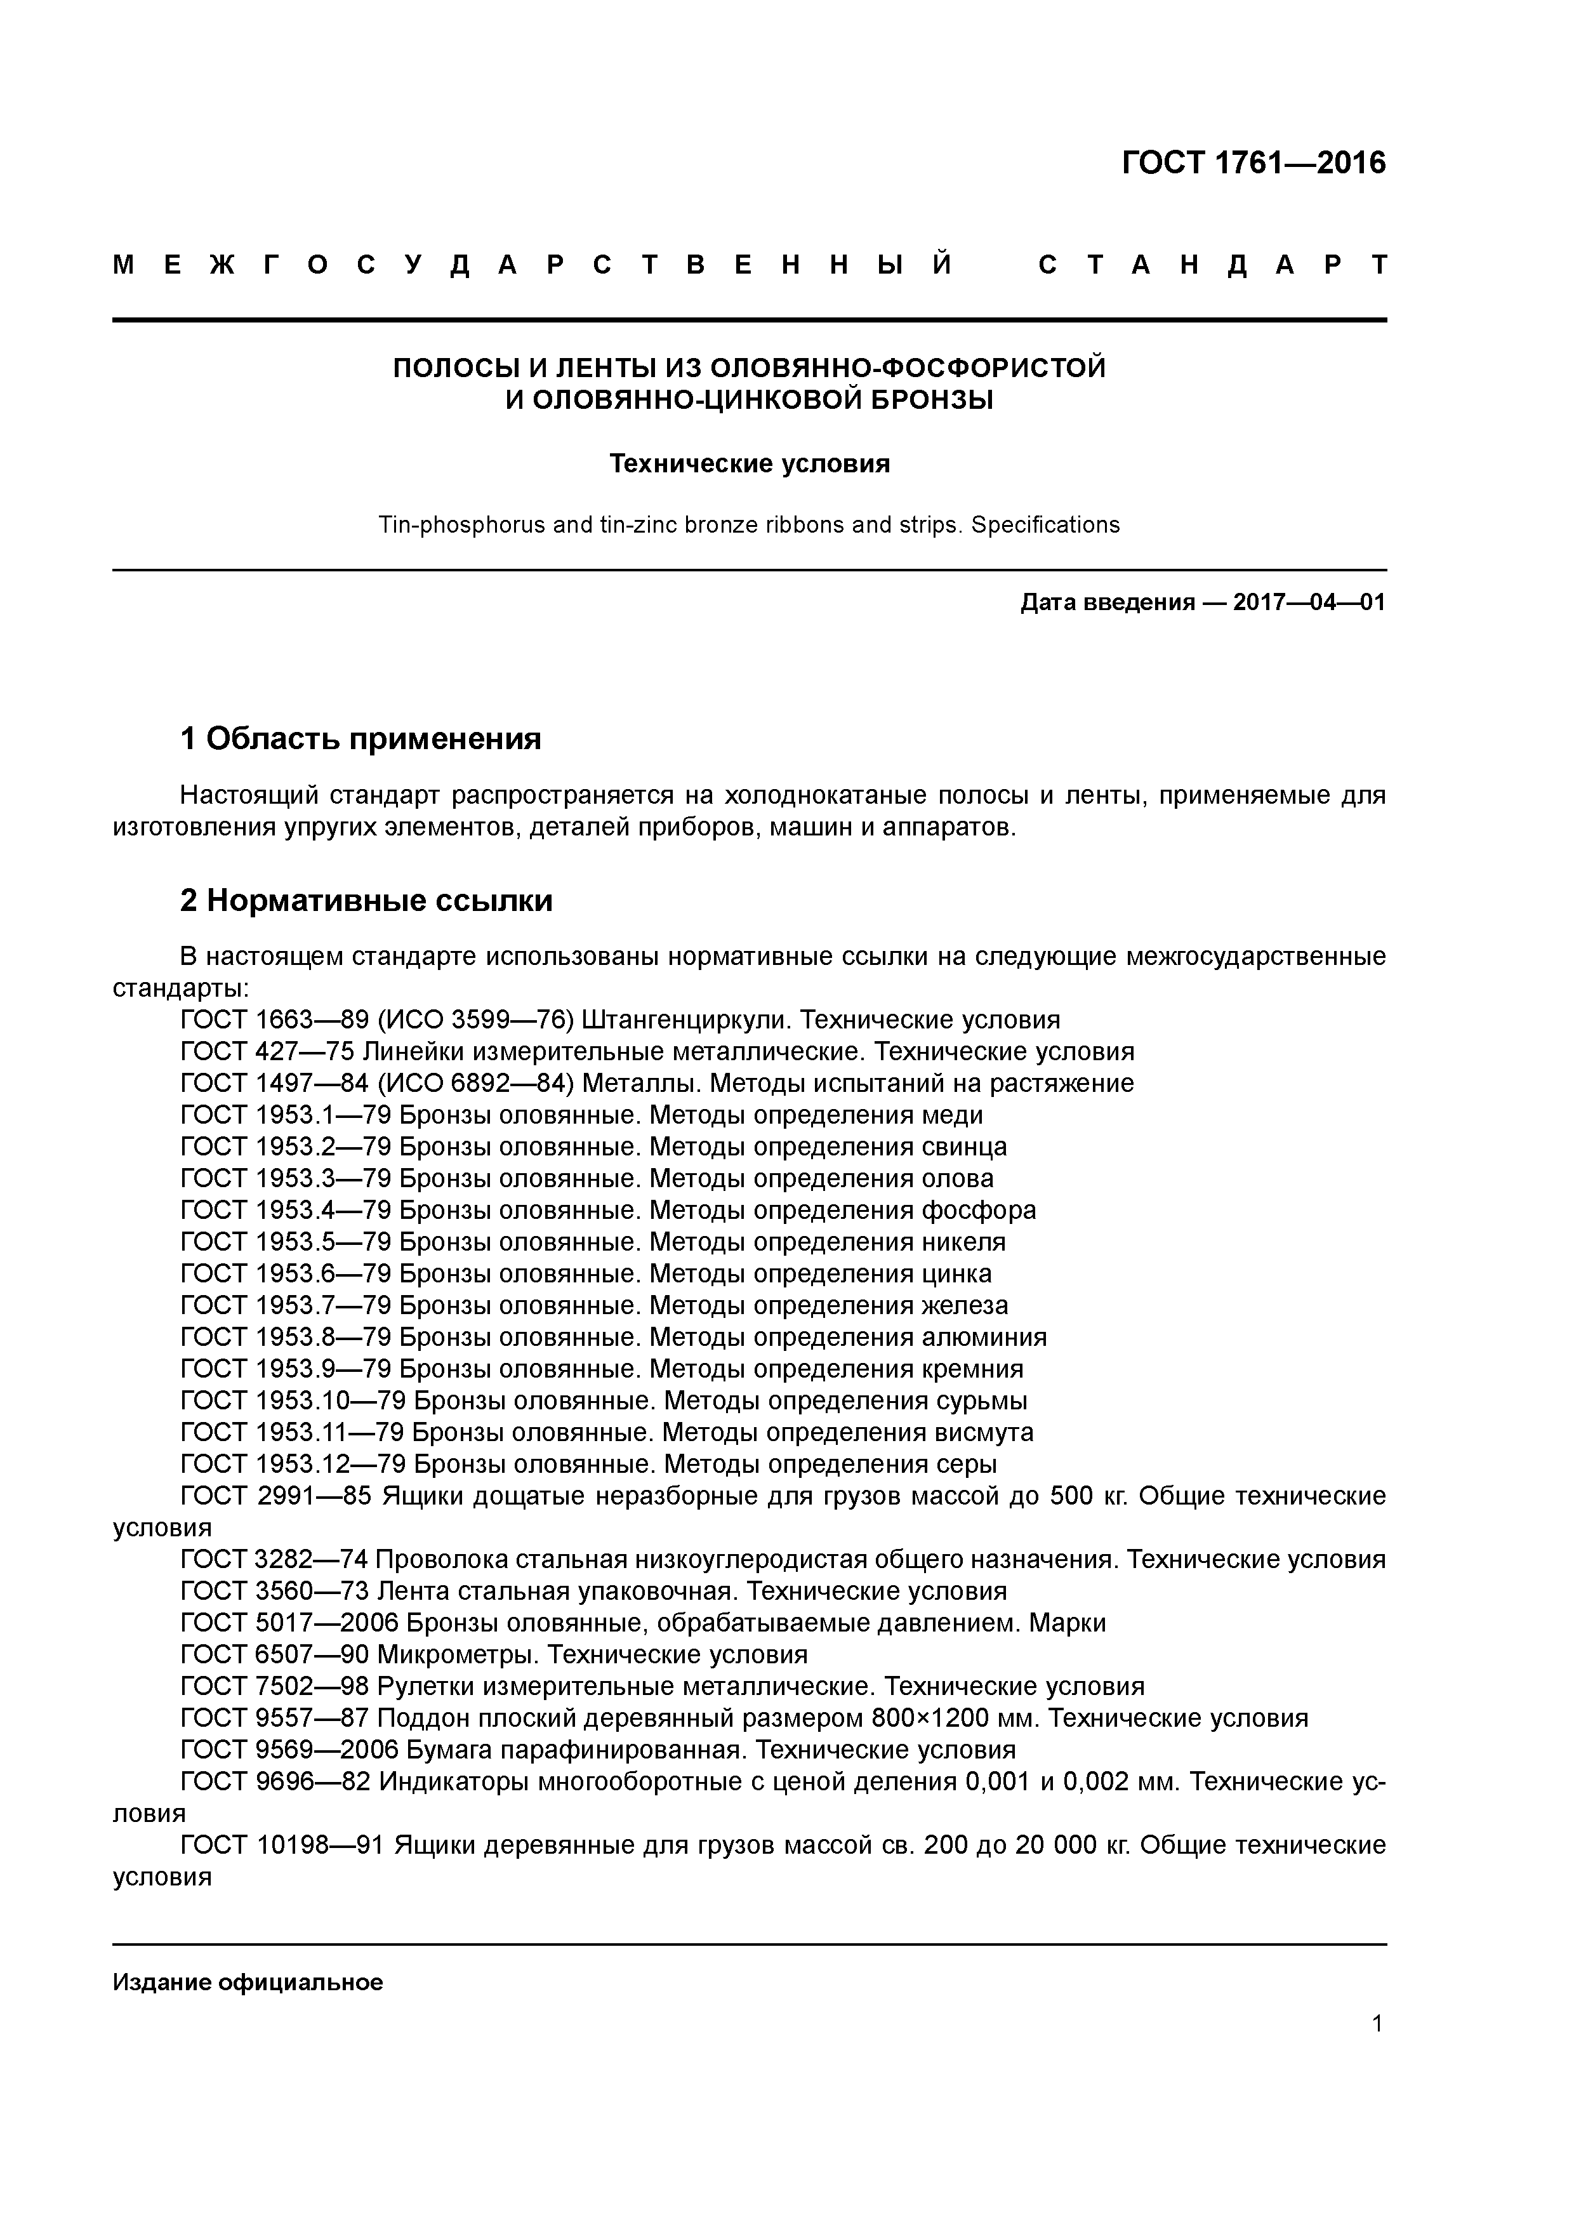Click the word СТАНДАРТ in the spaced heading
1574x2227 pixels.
tap(1212, 265)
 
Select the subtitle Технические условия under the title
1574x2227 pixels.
tap(749, 463)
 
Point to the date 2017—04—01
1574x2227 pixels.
tap(1308, 602)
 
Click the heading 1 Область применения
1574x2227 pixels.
tap(360, 739)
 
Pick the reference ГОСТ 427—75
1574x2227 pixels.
tap(267, 1051)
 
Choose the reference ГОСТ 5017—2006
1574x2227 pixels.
tap(289, 1623)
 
